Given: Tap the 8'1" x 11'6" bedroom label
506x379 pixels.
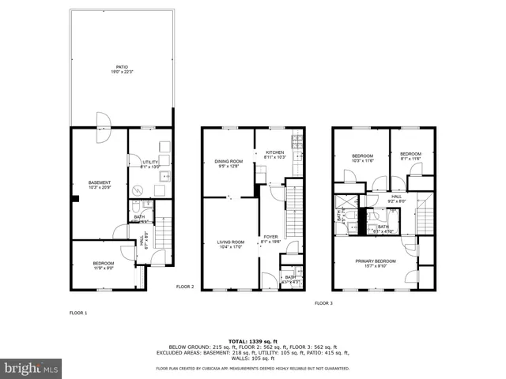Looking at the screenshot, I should [x=410, y=156].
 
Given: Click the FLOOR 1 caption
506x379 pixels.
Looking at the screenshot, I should [x=78, y=313].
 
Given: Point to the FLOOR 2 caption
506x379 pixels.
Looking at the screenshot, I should [x=185, y=287].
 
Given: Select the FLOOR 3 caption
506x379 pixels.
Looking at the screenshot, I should [x=323, y=303].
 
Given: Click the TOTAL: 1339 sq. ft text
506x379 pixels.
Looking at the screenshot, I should [x=253, y=340].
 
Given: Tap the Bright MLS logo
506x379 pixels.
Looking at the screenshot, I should [x=32, y=368].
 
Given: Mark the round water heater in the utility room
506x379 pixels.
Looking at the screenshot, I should [x=138, y=190].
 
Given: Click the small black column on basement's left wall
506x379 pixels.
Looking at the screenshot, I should [x=73, y=199].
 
